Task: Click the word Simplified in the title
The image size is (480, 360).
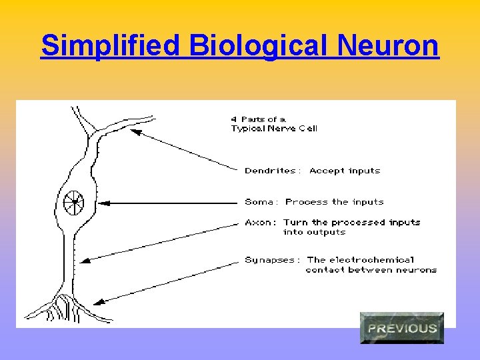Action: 111,46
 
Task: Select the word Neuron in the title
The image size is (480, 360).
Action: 388,46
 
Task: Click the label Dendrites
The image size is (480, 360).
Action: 270,171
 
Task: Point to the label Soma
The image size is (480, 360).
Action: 259,201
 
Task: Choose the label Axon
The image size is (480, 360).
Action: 259,222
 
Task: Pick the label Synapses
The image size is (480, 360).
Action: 272,259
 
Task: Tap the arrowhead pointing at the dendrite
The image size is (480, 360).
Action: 135,132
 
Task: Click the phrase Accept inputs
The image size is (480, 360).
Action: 345,171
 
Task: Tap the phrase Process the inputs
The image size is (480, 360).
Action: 335,201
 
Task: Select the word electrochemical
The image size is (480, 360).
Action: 371,259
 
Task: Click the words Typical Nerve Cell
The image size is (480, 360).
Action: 274,129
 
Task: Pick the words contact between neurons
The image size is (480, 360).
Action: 371,270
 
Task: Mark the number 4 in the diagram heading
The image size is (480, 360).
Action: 234,119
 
